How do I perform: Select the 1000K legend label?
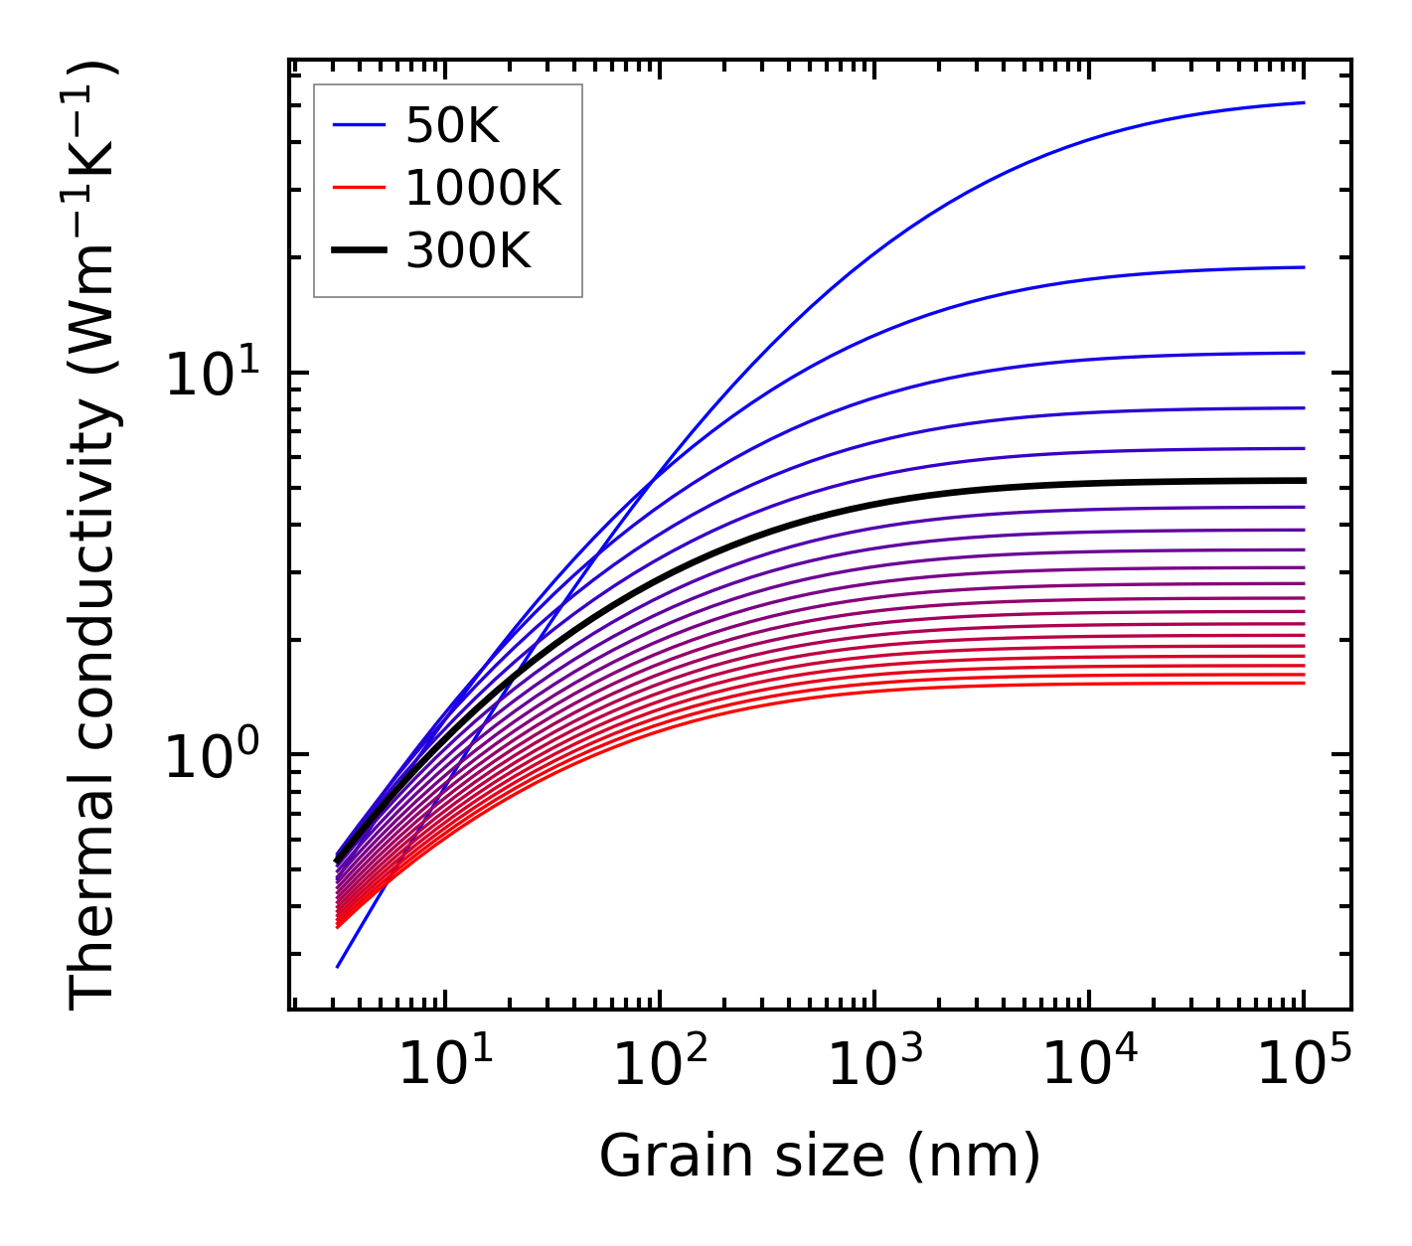point(483,188)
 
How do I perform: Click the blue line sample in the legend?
point(358,125)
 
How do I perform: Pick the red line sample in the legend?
point(358,188)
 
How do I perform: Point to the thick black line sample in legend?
point(358,251)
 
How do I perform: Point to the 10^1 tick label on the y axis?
point(211,375)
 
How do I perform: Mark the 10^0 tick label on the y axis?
point(211,756)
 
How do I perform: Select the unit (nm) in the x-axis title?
point(974,1158)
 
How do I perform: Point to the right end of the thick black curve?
point(1303,481)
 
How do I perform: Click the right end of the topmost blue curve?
point(1303,102)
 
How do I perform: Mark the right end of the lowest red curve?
point(1303,683)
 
